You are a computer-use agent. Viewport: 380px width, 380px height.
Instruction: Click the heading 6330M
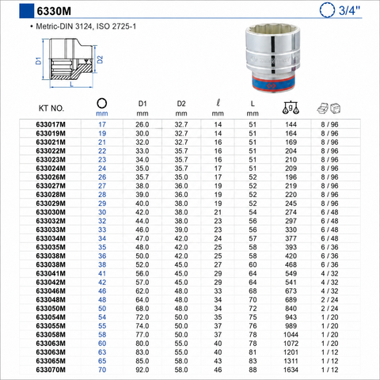[54, 11]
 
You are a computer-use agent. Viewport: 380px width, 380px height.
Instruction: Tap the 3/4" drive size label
[349, 10]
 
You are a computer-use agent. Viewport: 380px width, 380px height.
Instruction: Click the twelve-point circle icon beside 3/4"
[327, 10]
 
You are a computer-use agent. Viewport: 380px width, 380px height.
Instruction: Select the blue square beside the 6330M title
[27, 10]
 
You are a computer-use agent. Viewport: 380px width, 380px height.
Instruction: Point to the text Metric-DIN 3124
[64, 26]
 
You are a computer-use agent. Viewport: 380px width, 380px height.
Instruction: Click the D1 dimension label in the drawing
[39, 60]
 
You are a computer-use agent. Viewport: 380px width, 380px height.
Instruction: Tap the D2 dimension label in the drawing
[100, 59]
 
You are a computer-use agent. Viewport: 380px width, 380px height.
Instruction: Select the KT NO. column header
[51, 108]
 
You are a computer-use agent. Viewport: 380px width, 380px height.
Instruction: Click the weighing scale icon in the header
[291, 108]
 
